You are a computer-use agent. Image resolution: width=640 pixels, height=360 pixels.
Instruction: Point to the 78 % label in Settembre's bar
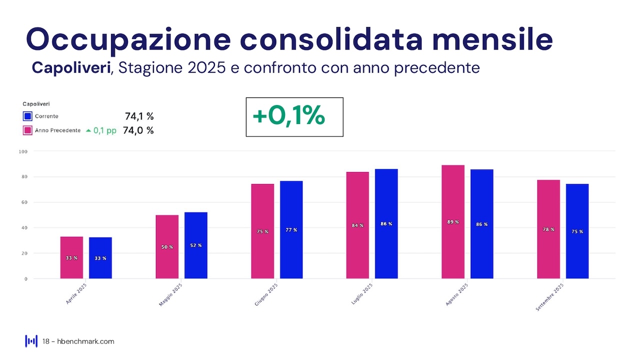[548, 229]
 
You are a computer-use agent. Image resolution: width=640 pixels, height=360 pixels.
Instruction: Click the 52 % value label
[196, 245]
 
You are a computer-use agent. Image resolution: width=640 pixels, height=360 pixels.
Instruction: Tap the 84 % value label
[357, 225]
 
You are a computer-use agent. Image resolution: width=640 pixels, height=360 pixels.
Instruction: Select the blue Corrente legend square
[27, 116]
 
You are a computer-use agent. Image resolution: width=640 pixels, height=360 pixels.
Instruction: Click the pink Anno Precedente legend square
[27, 130]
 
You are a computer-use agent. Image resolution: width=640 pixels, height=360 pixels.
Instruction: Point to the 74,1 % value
[139, 116]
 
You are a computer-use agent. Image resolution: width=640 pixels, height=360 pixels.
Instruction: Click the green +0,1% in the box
[288, 116]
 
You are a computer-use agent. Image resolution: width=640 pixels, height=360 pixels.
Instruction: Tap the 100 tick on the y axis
[23, 151]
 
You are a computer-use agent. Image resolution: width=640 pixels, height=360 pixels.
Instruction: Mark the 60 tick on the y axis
[24, 202]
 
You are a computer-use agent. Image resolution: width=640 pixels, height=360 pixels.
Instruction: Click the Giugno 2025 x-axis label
[266, 294]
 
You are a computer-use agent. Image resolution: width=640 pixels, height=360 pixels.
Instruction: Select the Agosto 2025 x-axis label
[456, 294]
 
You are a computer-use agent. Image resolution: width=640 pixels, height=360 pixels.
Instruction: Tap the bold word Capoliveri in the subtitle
[71, 67]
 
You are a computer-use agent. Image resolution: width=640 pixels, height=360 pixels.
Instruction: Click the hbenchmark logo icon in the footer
[31, 341]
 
